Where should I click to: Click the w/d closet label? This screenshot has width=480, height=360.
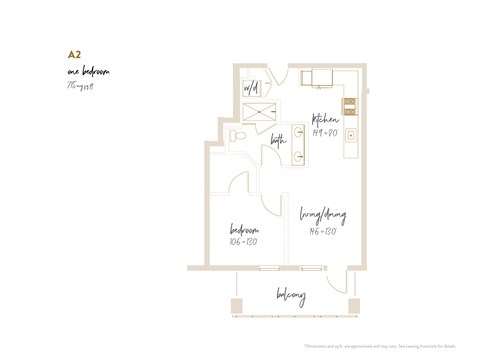(x=251, y=88)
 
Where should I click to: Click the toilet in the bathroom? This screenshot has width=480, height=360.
(x=236, y=136)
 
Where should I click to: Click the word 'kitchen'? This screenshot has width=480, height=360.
(x=330, y=120)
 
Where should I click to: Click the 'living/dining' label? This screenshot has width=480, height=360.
(x=324, y=215)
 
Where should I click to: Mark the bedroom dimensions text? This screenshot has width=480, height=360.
(x=244, y=241)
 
